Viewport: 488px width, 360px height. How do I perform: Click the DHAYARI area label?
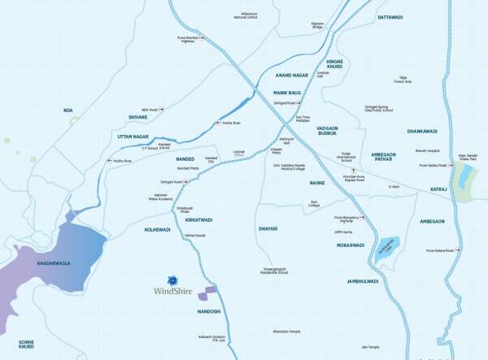pyautogui.click(x=267, y=228)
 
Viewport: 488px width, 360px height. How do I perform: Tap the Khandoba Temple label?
pyautogui.click(x=287, y=331)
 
